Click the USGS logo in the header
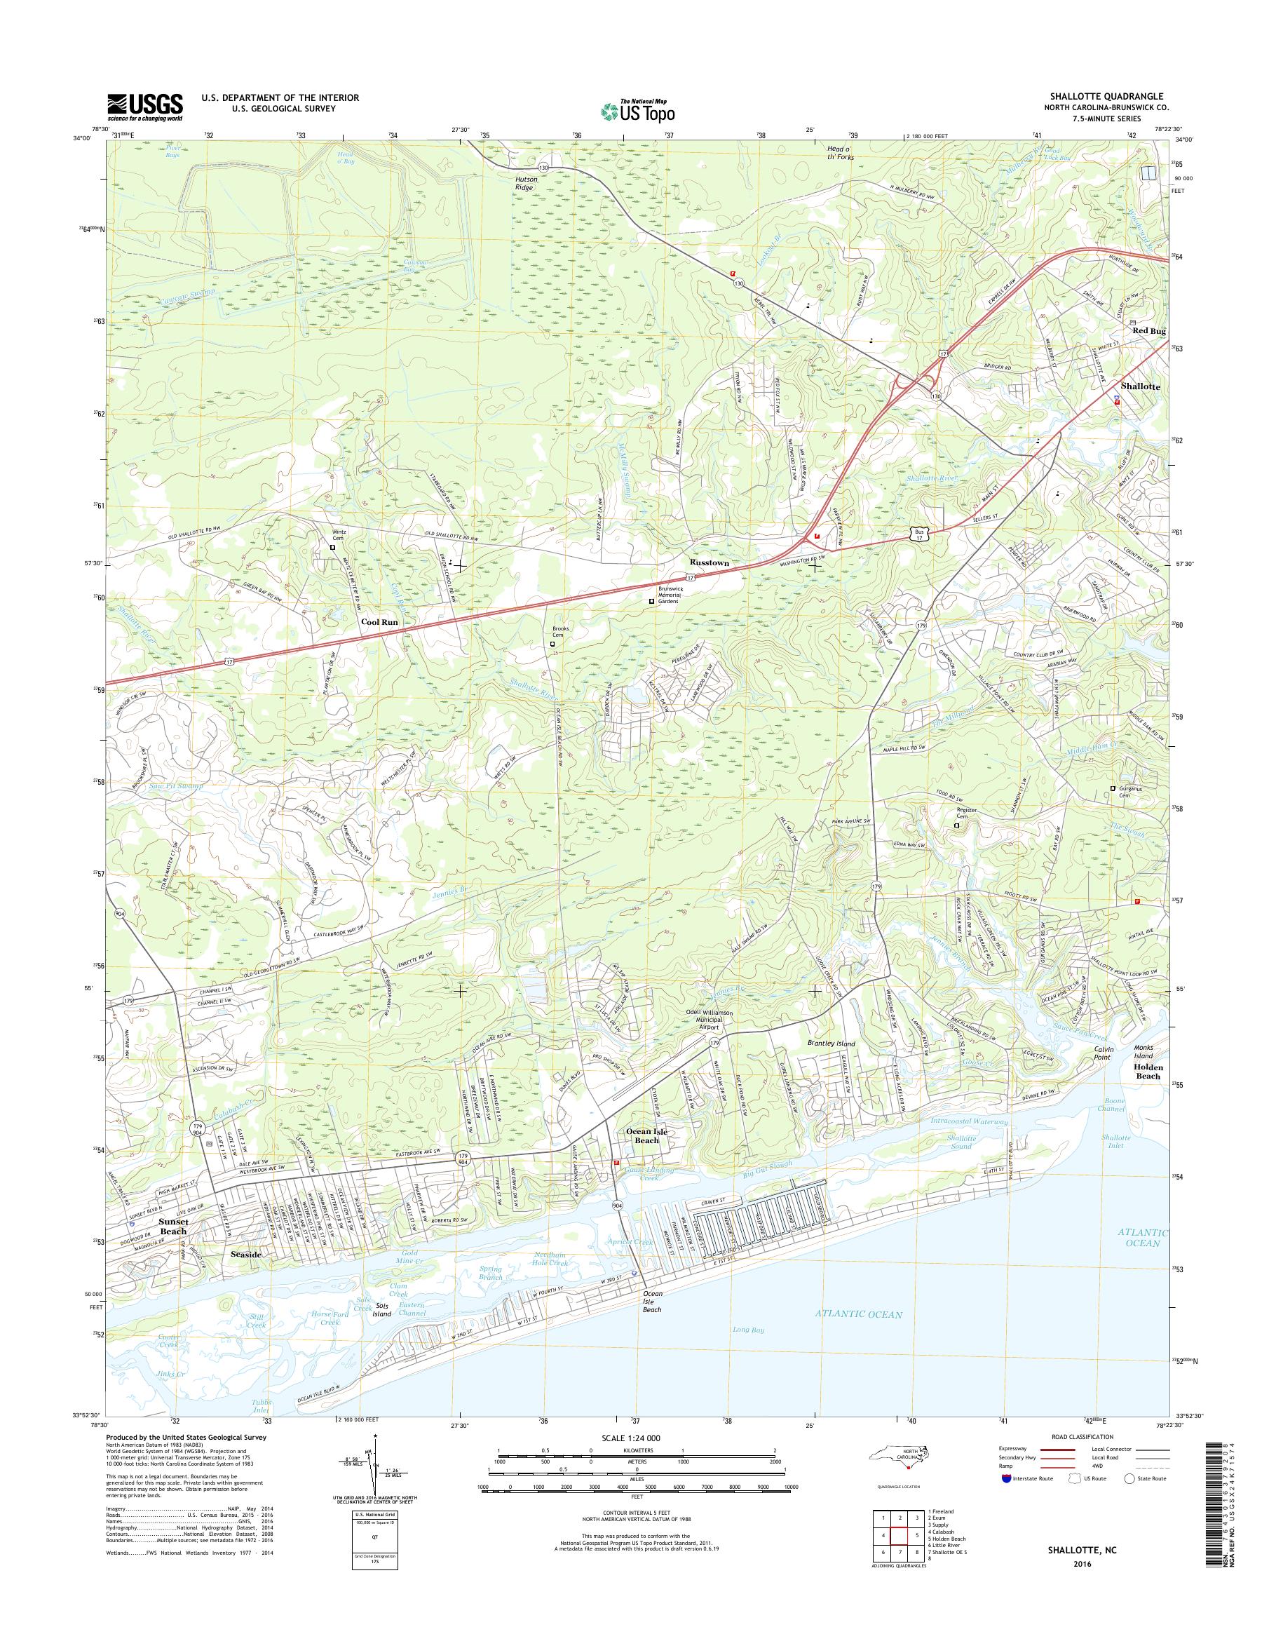pos(145,107)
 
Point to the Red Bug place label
pos(1148,330)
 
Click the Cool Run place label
pos(379,622)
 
